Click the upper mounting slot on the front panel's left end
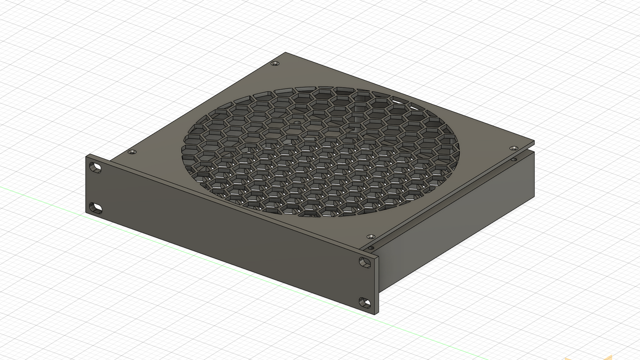[95, 168]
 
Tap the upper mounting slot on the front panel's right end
[365, 263]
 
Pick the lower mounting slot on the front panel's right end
[365, 303]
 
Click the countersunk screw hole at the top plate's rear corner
[275, 64]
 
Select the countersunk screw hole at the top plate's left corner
[132, 152]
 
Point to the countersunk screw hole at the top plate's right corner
[513, 148]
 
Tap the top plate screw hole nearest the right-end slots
[371, 237]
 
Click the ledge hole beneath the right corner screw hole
[514, 159]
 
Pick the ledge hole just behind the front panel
[371, 248]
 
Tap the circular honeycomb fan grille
[319, 151]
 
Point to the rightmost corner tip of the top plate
[534, 142]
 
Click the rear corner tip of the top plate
[285, 53]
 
